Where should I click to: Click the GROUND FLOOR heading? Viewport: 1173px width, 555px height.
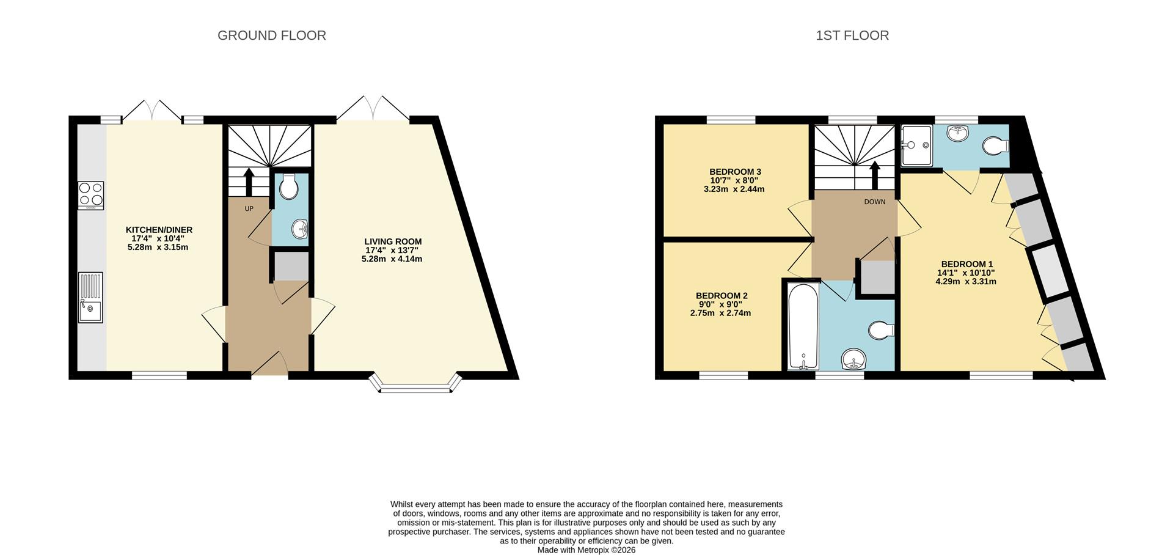click(271, 35)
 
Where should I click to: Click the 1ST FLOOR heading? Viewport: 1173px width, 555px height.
click(852, 35)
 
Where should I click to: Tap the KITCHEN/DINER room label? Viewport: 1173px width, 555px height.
click(159, 230)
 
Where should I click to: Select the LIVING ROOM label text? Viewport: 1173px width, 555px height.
click(393, 241)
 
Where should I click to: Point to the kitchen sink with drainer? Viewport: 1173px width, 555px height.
click(90, 297)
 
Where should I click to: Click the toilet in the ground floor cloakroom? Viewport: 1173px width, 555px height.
click(288, 186)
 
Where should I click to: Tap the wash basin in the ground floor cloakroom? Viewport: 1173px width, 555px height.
click(299, 229)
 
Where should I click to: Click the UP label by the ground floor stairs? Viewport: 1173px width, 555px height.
click(249, 209)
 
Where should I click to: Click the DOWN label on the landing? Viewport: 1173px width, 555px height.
click(874, 202)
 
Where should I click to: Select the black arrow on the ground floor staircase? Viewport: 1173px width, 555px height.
click(249, 180)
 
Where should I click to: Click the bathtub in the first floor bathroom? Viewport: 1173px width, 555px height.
click(803, 326)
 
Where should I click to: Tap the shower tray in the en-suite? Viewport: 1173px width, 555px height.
click(916, 145)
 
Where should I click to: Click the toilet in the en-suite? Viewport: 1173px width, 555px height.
click(996, 146)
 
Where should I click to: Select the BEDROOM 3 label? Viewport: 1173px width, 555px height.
click(735, 172)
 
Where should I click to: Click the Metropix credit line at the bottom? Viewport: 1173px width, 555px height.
click(586, 550)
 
